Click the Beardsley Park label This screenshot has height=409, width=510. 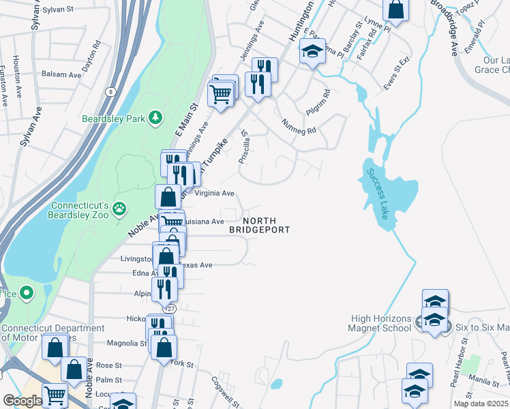tap(114, 119)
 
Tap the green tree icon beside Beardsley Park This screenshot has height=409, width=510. tap(156, 118)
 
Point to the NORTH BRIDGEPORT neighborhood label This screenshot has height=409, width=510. tap(259, 225)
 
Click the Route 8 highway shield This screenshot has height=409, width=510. tap(110, 91)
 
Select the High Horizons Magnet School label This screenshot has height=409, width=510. tap(382, 323)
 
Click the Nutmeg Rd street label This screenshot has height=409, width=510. tap(299, 125)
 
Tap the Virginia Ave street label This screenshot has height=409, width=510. tap(214, 193)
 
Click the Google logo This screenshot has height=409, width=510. tap(22, 401)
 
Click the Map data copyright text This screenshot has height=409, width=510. tap(481, 404)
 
